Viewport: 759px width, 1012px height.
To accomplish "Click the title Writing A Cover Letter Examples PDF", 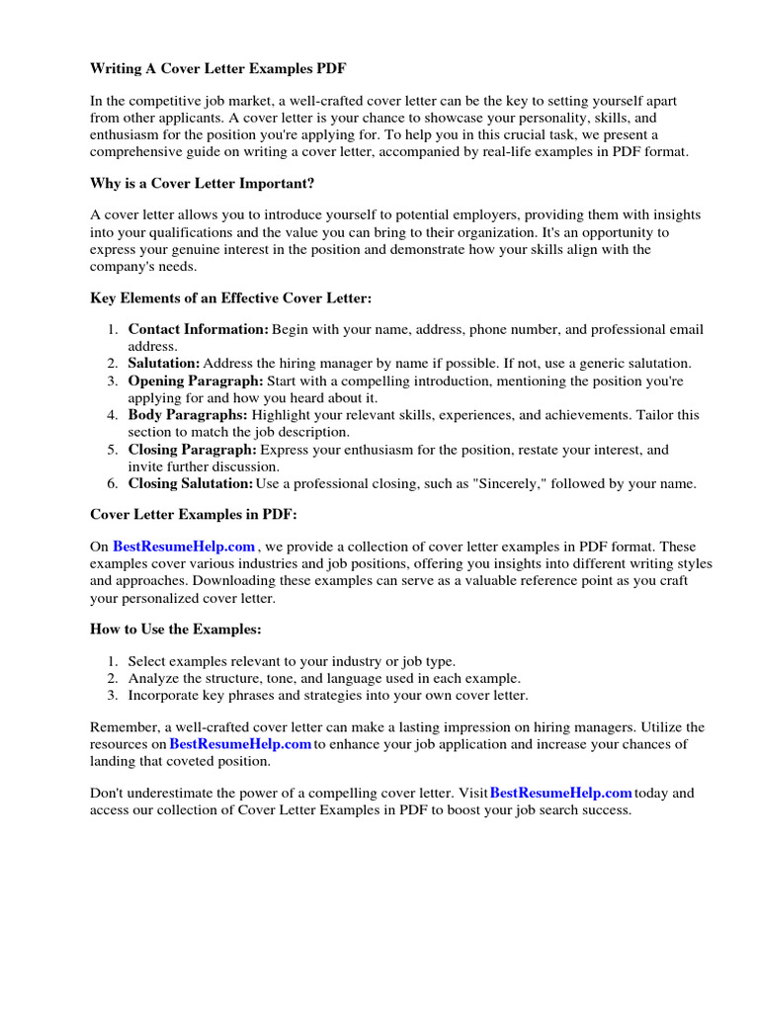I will click(x=218, y=69).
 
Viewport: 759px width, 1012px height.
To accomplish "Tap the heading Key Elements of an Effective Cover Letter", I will click(x=231, y=297).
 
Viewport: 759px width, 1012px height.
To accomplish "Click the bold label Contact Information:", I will click(x=198, y=329).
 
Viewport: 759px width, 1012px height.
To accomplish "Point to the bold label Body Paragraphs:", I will click(x=188, y=415).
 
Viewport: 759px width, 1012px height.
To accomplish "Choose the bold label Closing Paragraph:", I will click(x=192, y=450).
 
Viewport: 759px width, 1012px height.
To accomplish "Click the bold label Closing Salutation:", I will click(x=191, y=483).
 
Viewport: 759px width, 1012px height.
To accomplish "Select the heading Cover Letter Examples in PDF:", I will click(x=193, y=515).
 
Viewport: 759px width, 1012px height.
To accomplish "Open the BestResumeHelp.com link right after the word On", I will click(x=184, y=547).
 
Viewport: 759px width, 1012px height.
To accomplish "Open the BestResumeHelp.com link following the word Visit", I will click(x=560, y=793).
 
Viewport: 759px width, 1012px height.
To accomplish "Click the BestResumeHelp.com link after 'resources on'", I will click(x=240, y=743).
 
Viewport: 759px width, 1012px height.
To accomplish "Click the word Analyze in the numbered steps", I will click(x=155, y=678).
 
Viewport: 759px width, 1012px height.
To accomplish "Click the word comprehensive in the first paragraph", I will click(x=135, y=151).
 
